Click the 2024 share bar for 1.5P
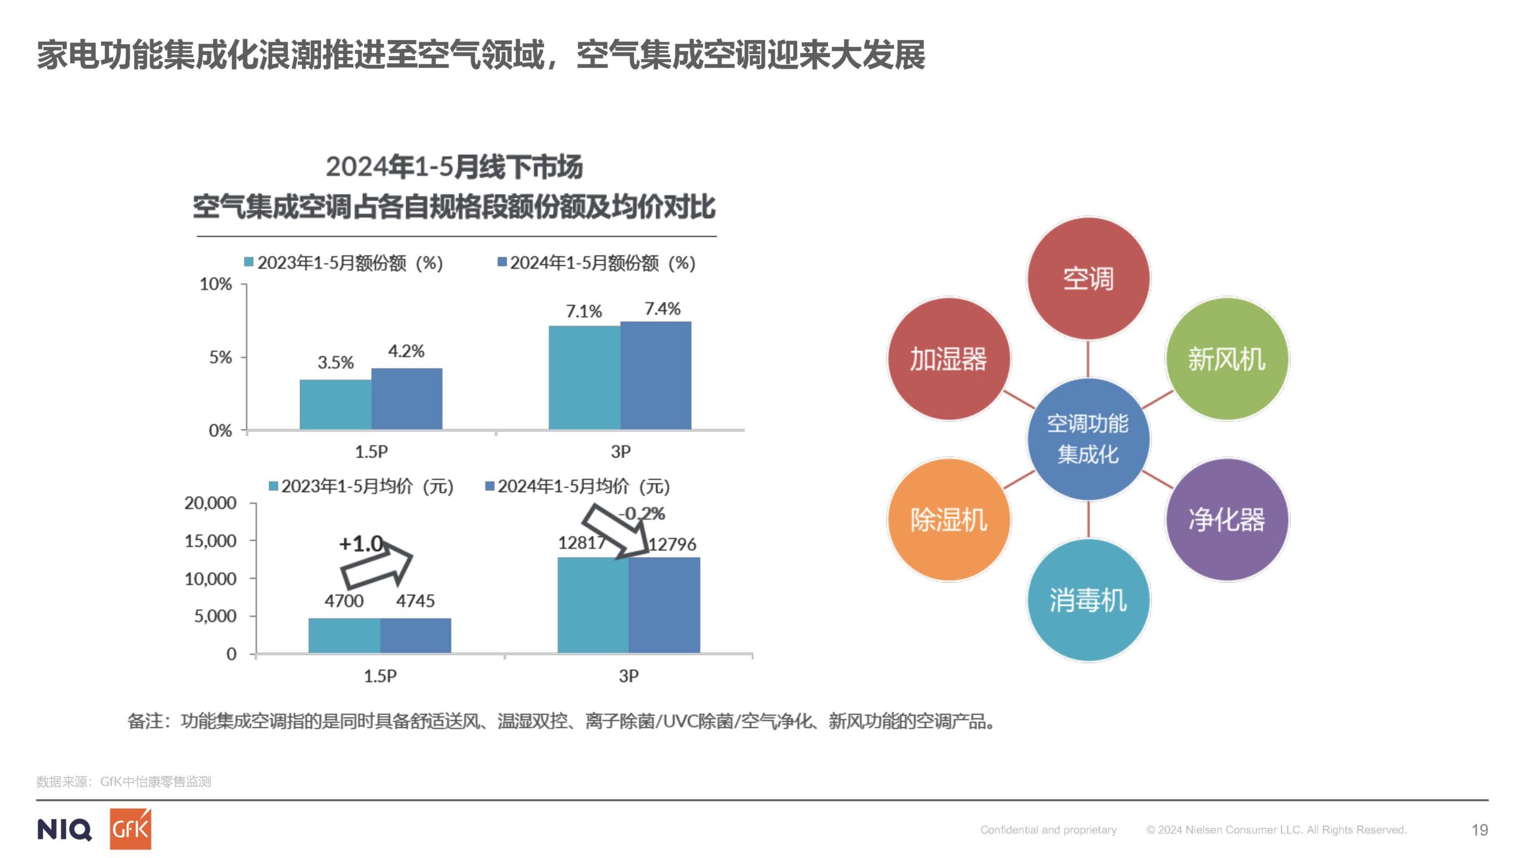click(407, 399)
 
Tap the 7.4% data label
click(662, 309)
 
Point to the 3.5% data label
click(335, 362)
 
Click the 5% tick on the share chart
click(220, 357)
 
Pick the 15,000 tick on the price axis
click(210, 541)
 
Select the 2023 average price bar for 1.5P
click(344, 635)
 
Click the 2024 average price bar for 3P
click(664, 605)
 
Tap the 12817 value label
click(581, 543)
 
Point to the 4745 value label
click(415, 601)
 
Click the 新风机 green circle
click(1227, 359)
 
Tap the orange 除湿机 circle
click(948, 520)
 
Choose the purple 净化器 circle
click(1227, 520)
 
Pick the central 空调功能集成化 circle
click(1088, 439)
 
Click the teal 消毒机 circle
click(1088, 600)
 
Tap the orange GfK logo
click(130, 829)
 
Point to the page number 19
click(1480, 830)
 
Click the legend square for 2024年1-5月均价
click(490, 486)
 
